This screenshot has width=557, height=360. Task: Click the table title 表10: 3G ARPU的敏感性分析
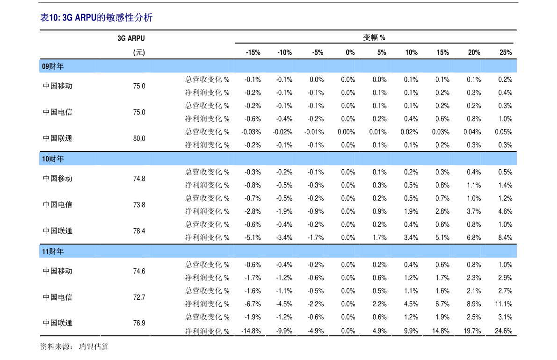pyautogui.click(x=96, y=17)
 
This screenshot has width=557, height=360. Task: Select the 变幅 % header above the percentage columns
pyautogui.click(x=374, y=37)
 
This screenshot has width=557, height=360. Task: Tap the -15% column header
pyautogui.click(x=253, y=52)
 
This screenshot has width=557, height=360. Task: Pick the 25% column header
pyautogui.click(x=506, y=52)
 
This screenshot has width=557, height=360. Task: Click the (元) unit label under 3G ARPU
pyautogui.click(x=139, y=52)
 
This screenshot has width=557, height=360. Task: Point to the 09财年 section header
pyautogui.click(x=53, y=66)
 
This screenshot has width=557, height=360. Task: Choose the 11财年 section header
pyautogui.click(x=53, y=252)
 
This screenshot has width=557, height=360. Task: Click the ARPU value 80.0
pyautogui.click(x=139, y=138)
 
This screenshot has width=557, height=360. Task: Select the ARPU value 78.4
pyautogui.click(x=139, y=231)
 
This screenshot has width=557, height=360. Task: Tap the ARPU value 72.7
pyautogui.click(x=139, y=297)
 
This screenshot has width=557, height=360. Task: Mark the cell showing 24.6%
pyautogui.click(x=503, y=331)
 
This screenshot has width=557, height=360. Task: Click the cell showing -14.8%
pyautogui.click(x=251, y=331)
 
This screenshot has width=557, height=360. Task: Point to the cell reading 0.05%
pyautogui.click(x=503, y=132)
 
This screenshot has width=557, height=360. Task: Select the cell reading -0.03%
pyautogui.click(x=251, y=132)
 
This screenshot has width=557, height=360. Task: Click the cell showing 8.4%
pyautogui.click(x=505, y=238)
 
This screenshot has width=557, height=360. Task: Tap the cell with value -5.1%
pyautogui.click(x=253, y=238)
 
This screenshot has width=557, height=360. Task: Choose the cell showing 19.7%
pyautogui.click(x=472, y=331)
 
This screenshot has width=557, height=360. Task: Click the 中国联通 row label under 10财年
pyautogui.click(x=58, y=231)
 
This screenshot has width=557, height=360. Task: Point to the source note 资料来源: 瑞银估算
pyautogui.click(x=74, y=346)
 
